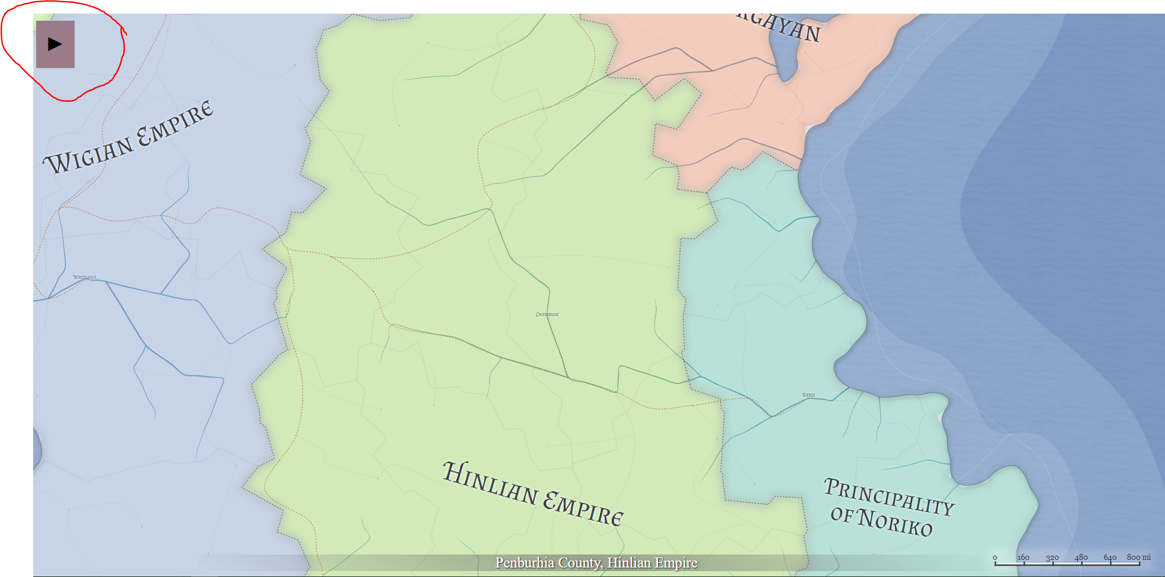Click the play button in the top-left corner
(55, 44)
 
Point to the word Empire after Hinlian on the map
(583, 508)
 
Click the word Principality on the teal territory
(888, 496)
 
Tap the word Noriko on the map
(896, 522)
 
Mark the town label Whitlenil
(85, 277)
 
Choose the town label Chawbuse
(547, 314)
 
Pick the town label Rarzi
(808, 395)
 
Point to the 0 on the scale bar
(995, 557)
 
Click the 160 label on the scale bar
(1023, 557)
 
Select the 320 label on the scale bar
(1052, 557)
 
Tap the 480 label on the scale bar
(1081, 557)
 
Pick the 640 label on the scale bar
(1110, 557)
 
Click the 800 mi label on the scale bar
(1138, 557)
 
